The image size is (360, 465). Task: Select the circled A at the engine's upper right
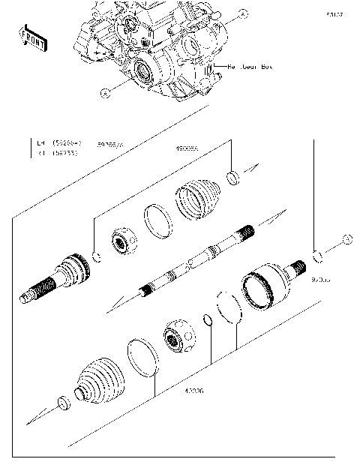pos(242,13)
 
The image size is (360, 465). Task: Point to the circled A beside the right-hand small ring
pos(346,239)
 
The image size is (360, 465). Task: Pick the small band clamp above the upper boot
pos(232,177)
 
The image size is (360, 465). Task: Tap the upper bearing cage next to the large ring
pos(123,241)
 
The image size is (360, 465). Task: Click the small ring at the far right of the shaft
pos(317,256)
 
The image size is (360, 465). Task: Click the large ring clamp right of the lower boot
pos(142,356)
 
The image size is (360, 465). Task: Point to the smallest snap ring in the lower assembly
pos(208,321)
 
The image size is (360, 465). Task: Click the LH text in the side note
pos(42,142)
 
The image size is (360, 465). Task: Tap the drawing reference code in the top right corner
pos(334,13)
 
